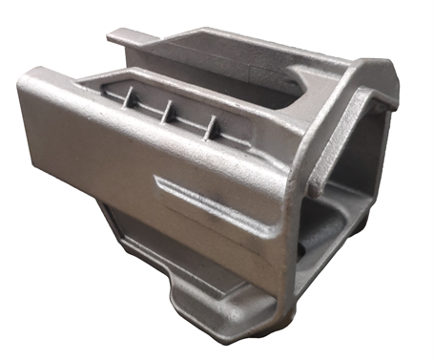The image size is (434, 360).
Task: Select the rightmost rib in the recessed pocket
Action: tap(212, 123)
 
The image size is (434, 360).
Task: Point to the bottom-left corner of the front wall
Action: tap(29, 143)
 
